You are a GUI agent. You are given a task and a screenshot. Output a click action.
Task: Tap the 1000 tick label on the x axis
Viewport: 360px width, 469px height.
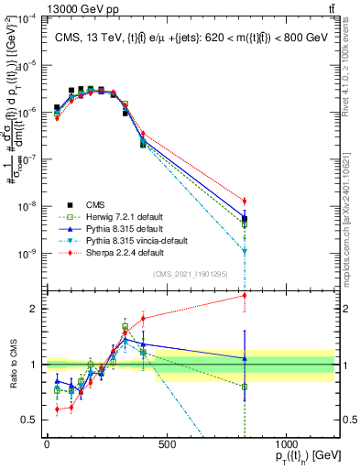pyautogui.click(x=286, y=444)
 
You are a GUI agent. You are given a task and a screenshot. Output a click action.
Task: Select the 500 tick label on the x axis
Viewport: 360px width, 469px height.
pyautogui.click(x=167, y=444)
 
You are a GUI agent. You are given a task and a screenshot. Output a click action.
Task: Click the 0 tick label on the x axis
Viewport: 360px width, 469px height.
pyautogui.click(x=47, y=444)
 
